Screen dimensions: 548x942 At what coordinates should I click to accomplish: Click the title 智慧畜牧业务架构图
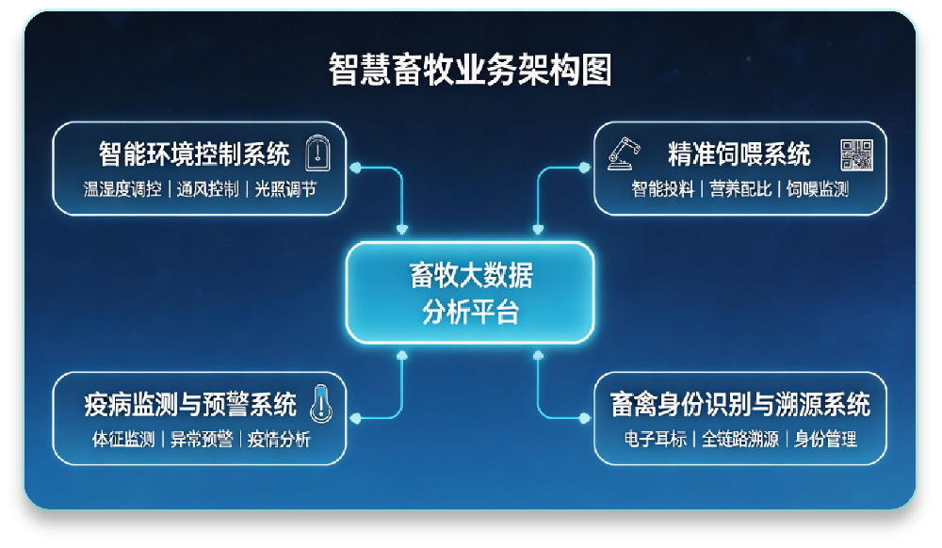(x=470, y=70)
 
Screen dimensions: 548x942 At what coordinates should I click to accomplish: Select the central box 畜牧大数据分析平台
(x=470, y=293)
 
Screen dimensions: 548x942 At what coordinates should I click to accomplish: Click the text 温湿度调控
(x=122, y=189)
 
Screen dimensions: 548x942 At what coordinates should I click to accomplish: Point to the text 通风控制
(x=208, y=189)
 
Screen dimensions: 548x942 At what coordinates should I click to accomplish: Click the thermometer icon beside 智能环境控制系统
(x=318, y=153)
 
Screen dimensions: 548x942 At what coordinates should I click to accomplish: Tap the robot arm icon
(x=623, y=153)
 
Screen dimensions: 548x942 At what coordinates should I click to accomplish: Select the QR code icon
(x=857, y=153)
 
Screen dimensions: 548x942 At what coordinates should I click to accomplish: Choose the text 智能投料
(x=663, y=189)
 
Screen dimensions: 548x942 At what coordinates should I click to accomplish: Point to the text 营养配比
(x=740, y=189)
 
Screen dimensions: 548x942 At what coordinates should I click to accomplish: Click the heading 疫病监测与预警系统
(x=189, y=404)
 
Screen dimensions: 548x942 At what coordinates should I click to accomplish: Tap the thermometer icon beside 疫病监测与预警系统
(x=321, y=403)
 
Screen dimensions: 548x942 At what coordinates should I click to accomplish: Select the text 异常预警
(x=201, y=440)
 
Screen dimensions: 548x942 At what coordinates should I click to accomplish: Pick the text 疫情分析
(x=279, y=440)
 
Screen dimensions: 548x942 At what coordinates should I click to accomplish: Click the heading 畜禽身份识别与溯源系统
(x=739, y=404)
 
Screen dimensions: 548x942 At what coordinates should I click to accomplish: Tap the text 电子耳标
(x=656, y=440)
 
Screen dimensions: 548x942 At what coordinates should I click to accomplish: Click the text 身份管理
(x=825, y=440)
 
